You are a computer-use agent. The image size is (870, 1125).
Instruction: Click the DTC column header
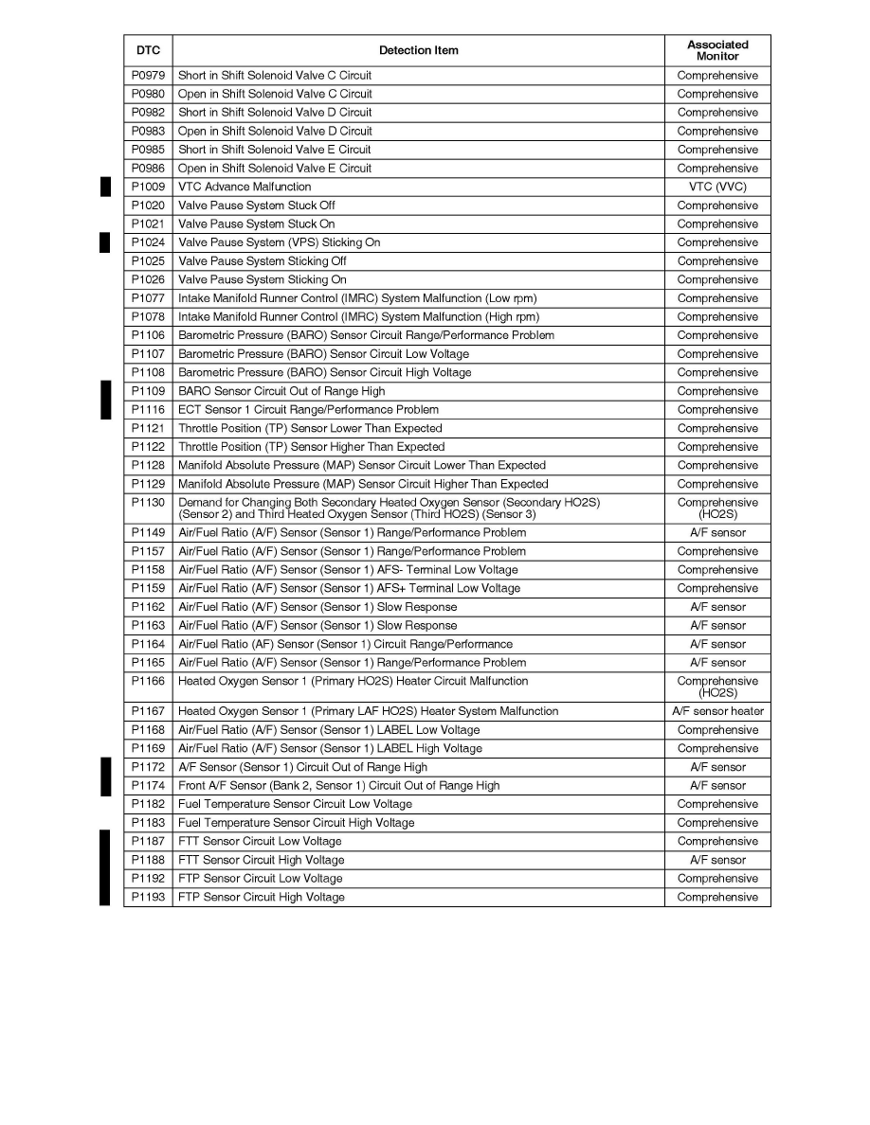point(147,50)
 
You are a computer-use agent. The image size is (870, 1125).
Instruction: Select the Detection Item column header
point(418,50)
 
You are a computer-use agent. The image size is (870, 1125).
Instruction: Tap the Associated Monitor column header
point(717,50)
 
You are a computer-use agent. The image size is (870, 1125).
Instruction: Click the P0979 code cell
point(147,76)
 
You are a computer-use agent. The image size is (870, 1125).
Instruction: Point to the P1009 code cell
point(147,187)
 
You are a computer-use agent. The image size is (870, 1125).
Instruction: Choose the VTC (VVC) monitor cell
point(717,187)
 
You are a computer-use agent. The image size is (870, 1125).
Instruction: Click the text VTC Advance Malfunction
point(245,187)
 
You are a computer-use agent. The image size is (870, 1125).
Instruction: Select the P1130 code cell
point(147,503)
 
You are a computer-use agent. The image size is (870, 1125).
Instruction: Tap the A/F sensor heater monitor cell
point(717,711)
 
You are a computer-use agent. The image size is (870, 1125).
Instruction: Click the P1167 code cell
point(147,711)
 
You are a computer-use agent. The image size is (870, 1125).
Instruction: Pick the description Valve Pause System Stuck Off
point(257,205)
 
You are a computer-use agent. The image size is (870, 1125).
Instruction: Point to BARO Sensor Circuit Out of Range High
point(281,391)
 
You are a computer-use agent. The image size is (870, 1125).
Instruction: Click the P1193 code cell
point(147,897)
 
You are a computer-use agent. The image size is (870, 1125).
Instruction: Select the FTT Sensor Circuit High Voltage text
point(262,860)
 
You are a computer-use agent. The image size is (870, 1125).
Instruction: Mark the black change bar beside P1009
point(105,187)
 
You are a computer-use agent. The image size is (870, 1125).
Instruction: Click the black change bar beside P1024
point(105,242)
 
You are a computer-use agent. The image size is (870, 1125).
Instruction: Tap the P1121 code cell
point(147,428)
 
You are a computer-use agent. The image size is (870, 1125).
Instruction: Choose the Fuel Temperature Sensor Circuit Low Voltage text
point(296,804)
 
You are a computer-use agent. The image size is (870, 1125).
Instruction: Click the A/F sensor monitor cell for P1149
point(717,532)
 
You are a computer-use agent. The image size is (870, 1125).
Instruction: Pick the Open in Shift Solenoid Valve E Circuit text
point(275,169)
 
